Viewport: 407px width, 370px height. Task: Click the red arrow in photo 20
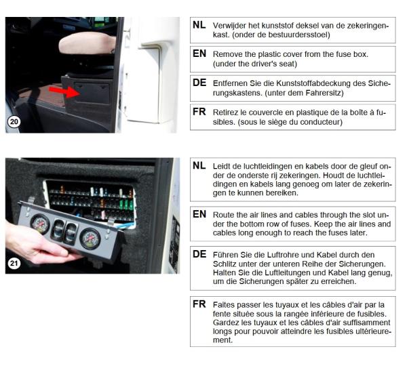pyautogui.click(x=64, y=91)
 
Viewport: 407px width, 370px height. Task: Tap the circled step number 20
pyautogui.click(x=14, y=121)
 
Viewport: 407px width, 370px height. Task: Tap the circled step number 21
pyautogui.click(x=14, y=264)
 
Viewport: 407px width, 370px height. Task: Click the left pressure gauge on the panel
pyautogui.click(x=40, y=224)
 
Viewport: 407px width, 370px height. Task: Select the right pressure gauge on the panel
pyautogui.click(x=90, y=239)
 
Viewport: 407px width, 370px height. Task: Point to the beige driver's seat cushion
pyautogui.click(x=87, y=43)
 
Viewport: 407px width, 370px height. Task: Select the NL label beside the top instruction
pyautogui.click(x=199, y=25)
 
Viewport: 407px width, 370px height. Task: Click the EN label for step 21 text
pyautogui.click(x=199, y=214)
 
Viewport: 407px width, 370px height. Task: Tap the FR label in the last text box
pyautogui.click(x=199, y=304)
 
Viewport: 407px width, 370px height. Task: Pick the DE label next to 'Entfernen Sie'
pyautogui.click(x=199, y=83)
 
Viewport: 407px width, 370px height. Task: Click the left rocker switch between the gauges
pyautogui.click(x=58, y=228)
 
